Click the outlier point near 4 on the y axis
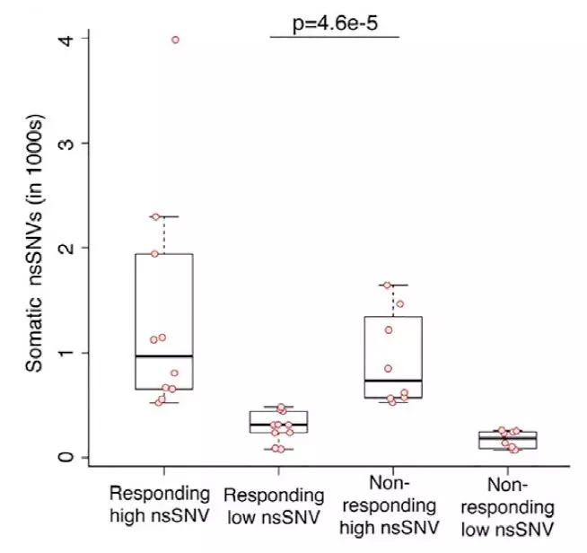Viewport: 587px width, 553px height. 175,39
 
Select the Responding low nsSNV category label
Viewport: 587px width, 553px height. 274,505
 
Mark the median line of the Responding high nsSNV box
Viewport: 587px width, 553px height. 163,356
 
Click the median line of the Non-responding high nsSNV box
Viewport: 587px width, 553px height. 392,381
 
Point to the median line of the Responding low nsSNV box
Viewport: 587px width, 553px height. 278,425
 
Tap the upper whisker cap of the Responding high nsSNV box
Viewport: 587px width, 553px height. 163,216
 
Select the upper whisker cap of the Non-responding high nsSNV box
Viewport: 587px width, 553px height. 392,285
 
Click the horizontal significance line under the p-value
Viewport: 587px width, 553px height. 334,37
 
